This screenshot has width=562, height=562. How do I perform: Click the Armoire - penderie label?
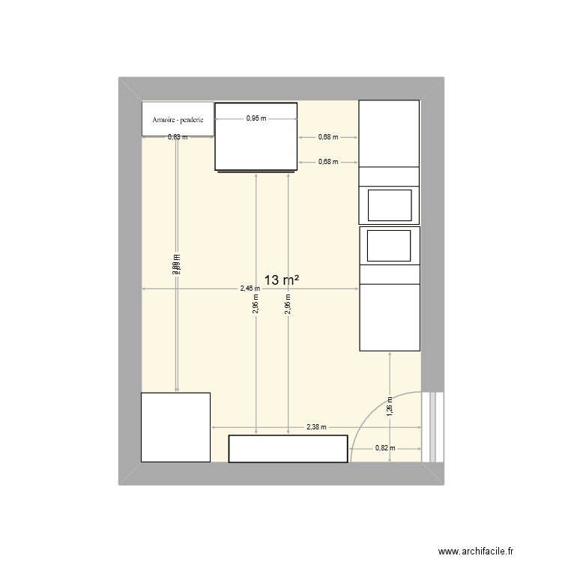coord(178,120)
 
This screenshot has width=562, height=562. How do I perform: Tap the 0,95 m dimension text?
coord(256,118)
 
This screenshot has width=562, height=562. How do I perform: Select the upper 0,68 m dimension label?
coord(328,137)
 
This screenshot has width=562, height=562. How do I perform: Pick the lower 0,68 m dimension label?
coord(328,162)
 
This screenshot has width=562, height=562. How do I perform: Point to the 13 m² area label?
coord(282,280)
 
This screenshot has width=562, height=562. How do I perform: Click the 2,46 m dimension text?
coord(250,288)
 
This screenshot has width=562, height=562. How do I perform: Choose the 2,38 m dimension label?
coord(316,427)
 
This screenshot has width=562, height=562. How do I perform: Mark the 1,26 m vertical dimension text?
coord(390,405)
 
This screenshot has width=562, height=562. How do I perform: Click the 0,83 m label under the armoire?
coord(178,137)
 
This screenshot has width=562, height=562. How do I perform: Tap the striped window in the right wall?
coord(432,427)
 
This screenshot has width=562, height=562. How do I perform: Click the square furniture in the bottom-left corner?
coord(176,426)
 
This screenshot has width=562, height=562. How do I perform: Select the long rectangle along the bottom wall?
coord(288,448)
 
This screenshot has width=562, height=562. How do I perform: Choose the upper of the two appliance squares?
coord(389,205)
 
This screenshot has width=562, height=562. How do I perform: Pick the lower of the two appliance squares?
coord(389,245)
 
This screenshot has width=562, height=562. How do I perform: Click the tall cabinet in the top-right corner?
coord(389,133)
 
